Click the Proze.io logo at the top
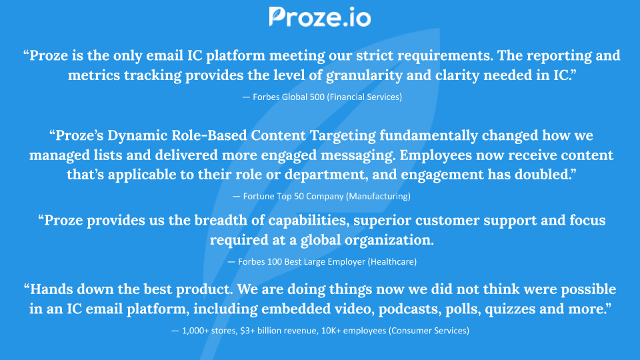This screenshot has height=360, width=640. click(x=319, y=17)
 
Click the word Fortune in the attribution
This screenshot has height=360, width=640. click(x=265, y=197)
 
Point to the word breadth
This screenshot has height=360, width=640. click(x=196, y=220)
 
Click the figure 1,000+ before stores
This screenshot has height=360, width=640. click(x=199, y=331)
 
